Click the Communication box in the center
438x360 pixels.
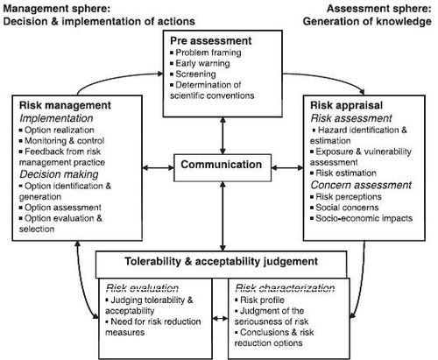click(x=223, y=167)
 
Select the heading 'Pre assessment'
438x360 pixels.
click(x=211, y=41)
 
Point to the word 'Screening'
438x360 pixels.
click(x=195, y=74)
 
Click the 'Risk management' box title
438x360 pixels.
click(x=65, y=105)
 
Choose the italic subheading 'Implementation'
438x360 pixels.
click(x=56, y=118)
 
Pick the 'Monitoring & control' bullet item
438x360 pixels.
click(x=61, y=141)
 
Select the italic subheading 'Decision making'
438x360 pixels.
click(x=59, y=174)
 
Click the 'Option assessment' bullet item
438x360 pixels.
click(x=60, y=208)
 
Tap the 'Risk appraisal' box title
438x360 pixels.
click(x=346, y=105)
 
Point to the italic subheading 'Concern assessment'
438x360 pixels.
click(x=361, y=185)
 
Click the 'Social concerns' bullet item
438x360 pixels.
click(x=344, y=208)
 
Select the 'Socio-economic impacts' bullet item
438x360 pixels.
click(x=362, y=218)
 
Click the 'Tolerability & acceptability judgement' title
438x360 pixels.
click(x=222, y=261)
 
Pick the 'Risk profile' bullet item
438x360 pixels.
click(x=259, y=300)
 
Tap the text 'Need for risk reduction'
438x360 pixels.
click(x=153, y=321)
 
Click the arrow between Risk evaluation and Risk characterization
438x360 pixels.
click(x=220, y=318)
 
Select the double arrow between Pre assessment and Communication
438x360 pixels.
click(x=223, y=136)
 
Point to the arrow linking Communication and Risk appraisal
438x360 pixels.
click(x=287, y=167)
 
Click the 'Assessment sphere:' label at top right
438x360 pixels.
click(x=379, y=9)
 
